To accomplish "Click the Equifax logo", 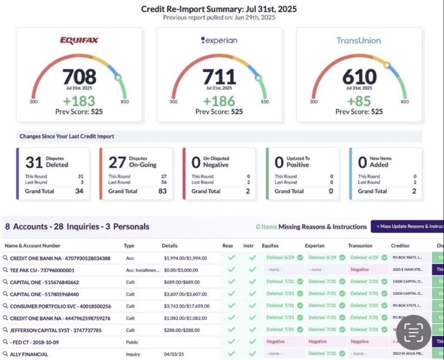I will point(79,40).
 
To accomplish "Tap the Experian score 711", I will point(219,77).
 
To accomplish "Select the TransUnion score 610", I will point(359,77).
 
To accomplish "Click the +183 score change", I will point(79,101).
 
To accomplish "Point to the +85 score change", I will point(359,101).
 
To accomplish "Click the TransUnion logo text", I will point(359,41).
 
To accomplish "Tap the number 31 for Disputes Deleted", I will point(35,162).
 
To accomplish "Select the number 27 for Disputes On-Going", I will point(117,162).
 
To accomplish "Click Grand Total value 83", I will point(162,191).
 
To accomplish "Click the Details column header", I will point(170,246).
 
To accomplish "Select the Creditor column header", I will point(400,246).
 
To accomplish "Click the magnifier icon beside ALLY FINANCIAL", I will point(6,354).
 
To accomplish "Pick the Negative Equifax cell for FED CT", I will point(276,342).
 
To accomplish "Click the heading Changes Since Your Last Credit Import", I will point(67,136).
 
